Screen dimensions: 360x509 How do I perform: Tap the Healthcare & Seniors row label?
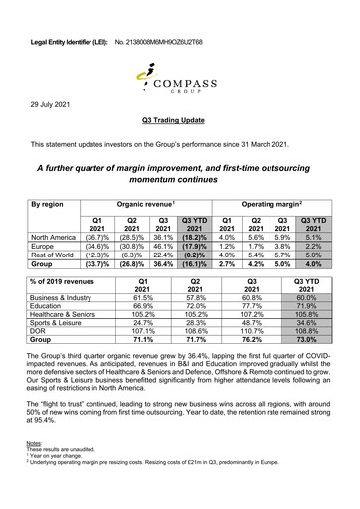click(x=71, y=310)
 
